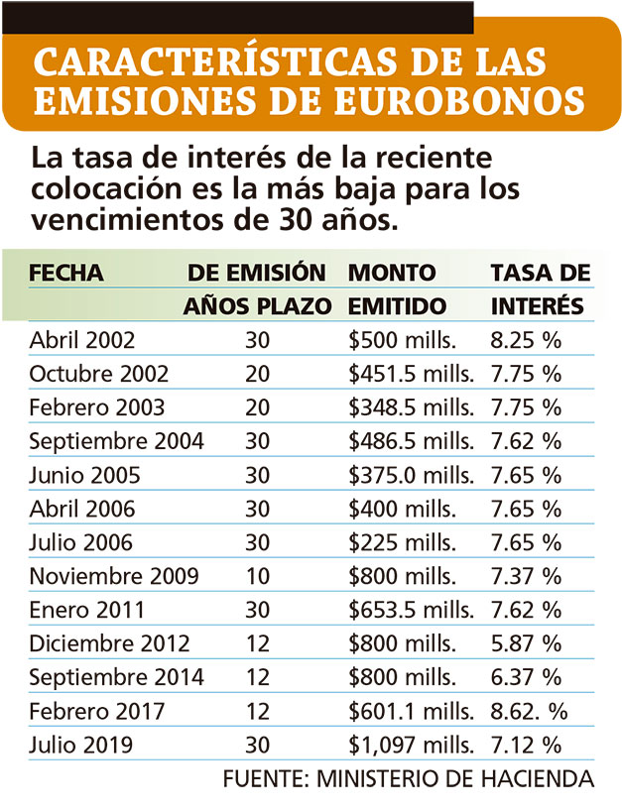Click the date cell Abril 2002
coord(82,340)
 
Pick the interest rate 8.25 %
coord(526,340)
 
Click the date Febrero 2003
coord(97,407)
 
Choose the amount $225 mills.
coord(402,542)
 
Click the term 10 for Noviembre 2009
coord(258,576)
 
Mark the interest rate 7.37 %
coord(526,576)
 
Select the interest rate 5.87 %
coord(526,643)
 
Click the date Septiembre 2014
coord(117,677)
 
